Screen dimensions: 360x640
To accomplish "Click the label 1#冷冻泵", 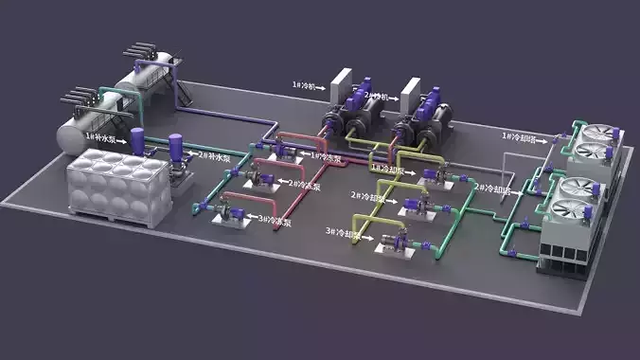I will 326,155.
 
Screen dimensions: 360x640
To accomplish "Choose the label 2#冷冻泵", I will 304,185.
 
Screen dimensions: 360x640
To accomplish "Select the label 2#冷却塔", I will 491,188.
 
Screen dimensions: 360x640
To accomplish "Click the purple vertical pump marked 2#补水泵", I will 174,152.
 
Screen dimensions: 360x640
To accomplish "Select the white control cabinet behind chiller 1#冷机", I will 342,86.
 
